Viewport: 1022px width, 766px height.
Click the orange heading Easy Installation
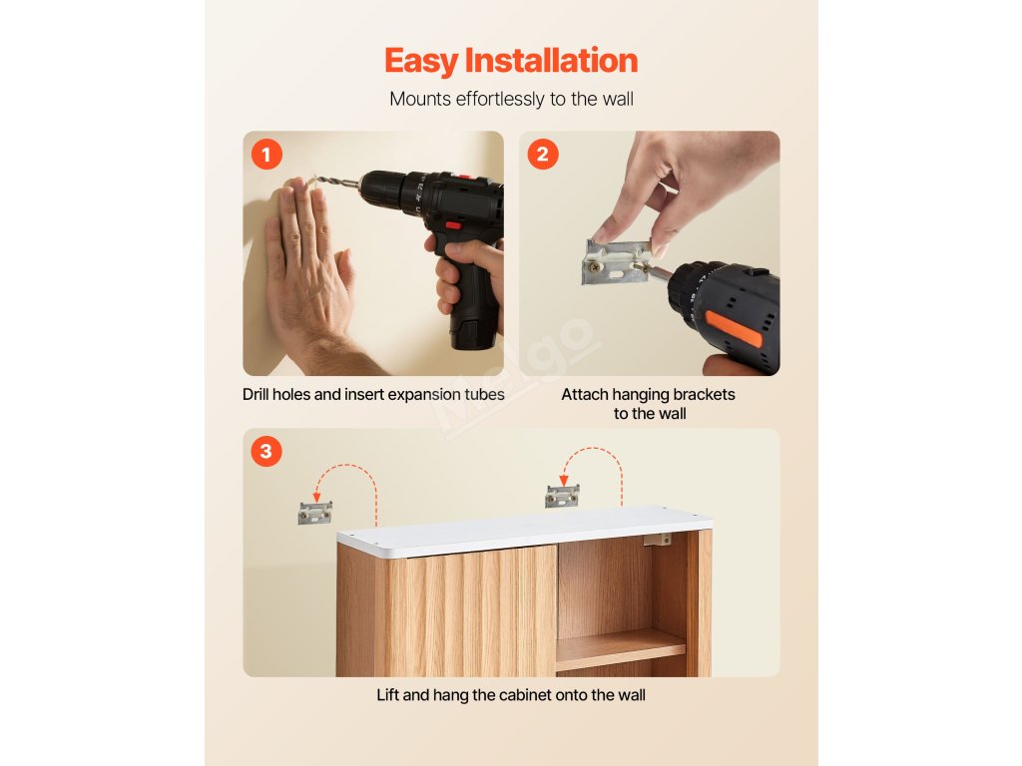coord(511,61)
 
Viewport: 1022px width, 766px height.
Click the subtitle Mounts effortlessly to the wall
coord(511,99)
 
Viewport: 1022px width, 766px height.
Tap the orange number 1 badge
coord(265,155)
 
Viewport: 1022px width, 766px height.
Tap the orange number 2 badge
coord(543,155)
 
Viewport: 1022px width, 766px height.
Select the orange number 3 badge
coord(265,451)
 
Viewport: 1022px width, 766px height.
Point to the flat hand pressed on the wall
coord(309,273)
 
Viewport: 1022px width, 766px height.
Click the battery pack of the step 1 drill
coord(473,331)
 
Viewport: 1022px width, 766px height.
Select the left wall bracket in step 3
coord(314,513)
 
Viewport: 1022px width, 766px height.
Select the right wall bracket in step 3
coord(562,497)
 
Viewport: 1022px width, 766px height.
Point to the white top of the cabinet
coord(524,531)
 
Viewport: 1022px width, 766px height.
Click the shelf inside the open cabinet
coord(621,648)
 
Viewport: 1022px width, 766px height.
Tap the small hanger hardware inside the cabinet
coord(657,540)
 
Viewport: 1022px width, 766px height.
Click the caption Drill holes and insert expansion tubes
coord(373,395)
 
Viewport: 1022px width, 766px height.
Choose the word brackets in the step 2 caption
coord(704,395)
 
